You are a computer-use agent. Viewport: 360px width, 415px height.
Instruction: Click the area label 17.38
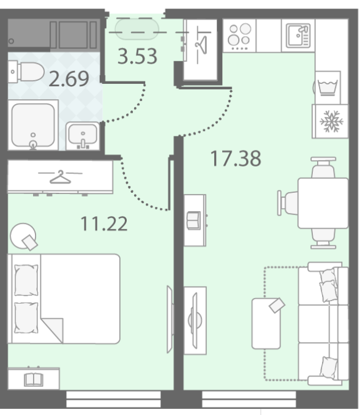click(x=236, y=159)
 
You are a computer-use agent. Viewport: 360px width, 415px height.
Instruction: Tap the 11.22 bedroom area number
click(x=104, y=223)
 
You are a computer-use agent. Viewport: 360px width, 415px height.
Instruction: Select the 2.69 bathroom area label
click(x=69, y=78)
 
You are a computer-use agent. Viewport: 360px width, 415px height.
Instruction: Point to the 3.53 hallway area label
click(x=137, y=56)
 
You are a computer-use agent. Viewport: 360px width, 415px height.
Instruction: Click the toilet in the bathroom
click(x=26, y=72)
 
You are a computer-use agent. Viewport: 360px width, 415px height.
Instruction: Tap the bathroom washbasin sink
click(x=83, y=136)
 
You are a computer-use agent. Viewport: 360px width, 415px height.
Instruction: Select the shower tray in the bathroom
click(x=33, y=125)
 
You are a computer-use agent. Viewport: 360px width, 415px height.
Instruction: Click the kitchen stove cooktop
click(x=239, y=36)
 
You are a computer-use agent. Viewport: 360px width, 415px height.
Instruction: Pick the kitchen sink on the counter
click(x=298, y=36)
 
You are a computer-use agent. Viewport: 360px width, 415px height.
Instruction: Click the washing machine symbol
click(x=328, y=88)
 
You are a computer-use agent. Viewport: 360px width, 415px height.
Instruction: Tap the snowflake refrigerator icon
click(x=331, y=121)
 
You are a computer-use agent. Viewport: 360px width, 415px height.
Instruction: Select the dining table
click(x=323, y=203)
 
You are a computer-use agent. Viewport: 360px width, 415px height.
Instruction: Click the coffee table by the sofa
click(x=266, y=323)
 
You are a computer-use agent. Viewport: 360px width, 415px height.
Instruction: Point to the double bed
click(x=64, y=299)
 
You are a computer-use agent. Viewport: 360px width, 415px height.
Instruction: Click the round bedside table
click(x=23, y=236)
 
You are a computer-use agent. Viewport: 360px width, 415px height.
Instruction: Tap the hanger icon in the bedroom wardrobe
click(x=61, y=177)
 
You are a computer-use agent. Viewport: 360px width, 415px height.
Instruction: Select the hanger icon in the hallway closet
click(x=201, y=45)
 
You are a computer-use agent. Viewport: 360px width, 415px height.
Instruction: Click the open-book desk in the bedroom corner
click(x=34, y=379)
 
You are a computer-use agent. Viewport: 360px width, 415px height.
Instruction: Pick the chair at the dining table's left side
click(x=288, y=203)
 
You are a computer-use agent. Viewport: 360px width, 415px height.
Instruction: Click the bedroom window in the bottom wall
click(x=113, y=399)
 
